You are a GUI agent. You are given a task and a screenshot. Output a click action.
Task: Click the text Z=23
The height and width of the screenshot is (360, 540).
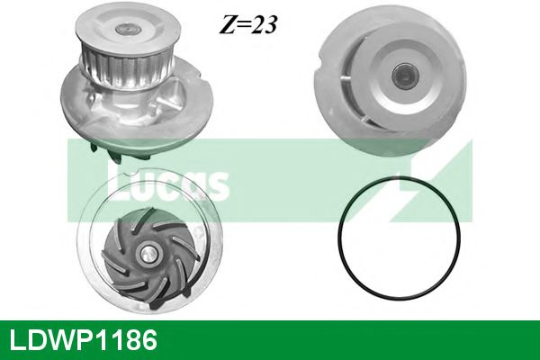pos(246,23)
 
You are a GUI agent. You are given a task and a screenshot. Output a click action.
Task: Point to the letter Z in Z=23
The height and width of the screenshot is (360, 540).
pos(222,23)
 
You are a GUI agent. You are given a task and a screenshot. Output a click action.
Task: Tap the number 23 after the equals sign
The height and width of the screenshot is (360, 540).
pos(262,23)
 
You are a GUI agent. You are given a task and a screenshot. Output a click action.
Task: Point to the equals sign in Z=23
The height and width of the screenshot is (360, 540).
pos(240,24)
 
